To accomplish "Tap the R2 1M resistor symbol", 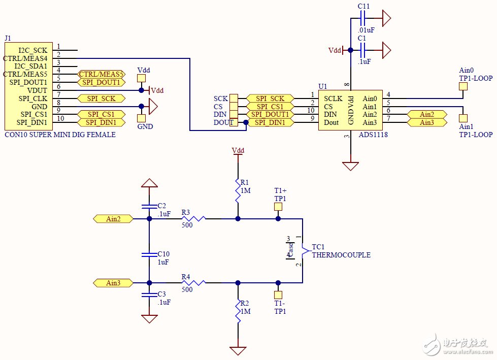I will tap(237, 311).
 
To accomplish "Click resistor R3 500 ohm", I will tap(193, 219).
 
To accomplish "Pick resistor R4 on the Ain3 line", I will tap(193, 282).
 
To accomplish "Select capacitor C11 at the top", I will tap(363, 19).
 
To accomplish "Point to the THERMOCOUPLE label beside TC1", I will tap(341, 255).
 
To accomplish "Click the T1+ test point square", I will tap(278, 207).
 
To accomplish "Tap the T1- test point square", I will tap(278, 294).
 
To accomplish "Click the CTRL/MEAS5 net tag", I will tap(101, 74).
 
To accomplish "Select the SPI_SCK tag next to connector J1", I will tap(101, 99).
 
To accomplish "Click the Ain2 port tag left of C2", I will tap(113, 219).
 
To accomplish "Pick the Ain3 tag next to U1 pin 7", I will tap(426, 122).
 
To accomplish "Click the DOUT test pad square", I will tap(234, 122).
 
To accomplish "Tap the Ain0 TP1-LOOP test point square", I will tap(463, 86).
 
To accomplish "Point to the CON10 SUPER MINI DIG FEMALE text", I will tap(60, 135).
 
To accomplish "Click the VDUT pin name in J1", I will tap(37, 90).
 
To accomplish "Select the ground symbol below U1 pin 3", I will tap(350, 166).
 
